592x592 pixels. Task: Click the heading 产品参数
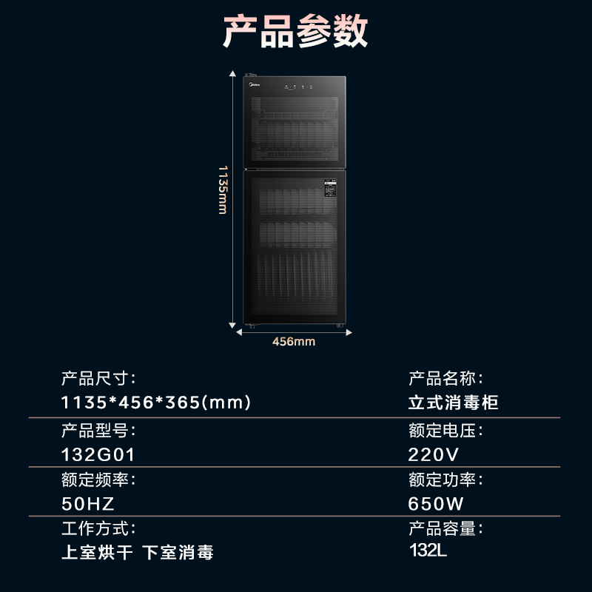click(295, 31)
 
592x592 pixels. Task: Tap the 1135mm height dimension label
click(223, 189)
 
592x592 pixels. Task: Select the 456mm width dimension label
click(294, 341)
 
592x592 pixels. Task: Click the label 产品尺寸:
click(98, 379)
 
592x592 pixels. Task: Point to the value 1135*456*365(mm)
click(156, 403)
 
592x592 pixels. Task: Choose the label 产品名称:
click(445, 379)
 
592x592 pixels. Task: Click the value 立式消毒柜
click(453, 403)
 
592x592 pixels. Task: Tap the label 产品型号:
click(98, 430)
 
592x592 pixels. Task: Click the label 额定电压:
click(445, 430)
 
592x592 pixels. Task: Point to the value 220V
click(434, 454)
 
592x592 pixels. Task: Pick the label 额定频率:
click(98, 480)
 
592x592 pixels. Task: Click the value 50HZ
click(88, 503)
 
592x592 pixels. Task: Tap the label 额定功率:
click(445, 480)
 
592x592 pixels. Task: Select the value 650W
click(435, 503)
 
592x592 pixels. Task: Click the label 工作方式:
click(98, 529)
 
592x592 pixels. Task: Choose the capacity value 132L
click(428, 551)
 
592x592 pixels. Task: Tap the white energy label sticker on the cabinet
click(330, 190)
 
